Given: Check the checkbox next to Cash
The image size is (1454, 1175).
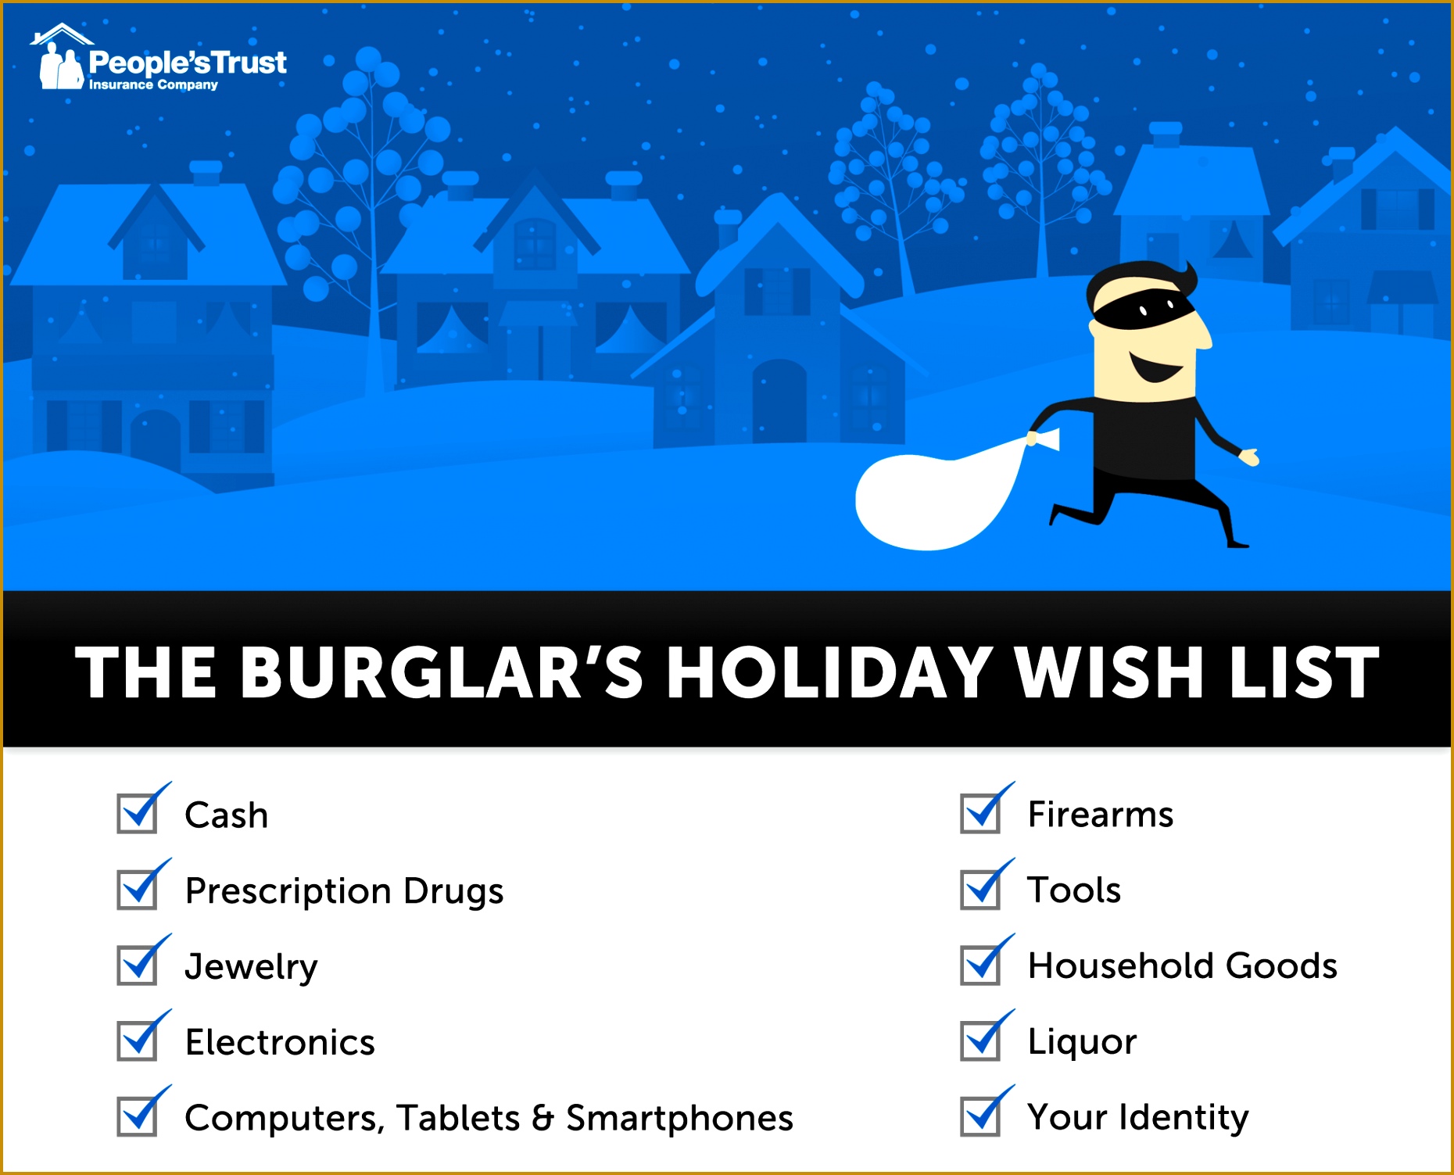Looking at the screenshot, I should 138,814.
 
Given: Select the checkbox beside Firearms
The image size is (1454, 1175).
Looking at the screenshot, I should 981,814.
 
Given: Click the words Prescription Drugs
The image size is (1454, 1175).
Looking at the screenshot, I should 344,890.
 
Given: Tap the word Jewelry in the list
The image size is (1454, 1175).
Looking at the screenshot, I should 251,966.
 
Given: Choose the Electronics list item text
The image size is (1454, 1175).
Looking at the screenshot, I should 280,1042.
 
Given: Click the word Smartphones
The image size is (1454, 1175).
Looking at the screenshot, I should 679,1118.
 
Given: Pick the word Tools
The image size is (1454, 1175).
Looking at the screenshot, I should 1074,890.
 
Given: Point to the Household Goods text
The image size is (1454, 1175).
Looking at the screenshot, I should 1182,965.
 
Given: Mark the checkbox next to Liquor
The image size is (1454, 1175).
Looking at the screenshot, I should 981,1041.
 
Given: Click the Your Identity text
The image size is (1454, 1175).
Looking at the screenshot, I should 1137,1116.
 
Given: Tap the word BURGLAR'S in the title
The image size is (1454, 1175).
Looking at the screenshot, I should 442,672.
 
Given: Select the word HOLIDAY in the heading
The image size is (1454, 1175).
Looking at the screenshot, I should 829,672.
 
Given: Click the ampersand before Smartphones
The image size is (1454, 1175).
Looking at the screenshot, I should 543,1118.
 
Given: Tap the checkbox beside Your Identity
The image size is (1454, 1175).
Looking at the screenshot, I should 981,1116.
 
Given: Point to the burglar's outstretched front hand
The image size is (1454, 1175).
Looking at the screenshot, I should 1249,457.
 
